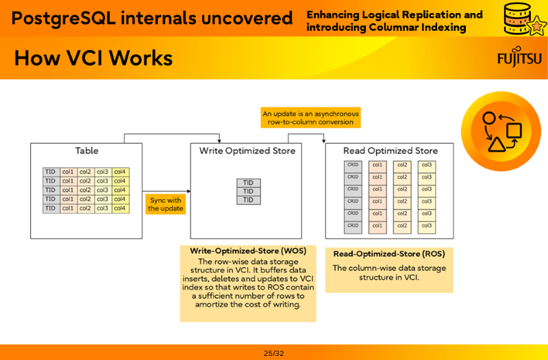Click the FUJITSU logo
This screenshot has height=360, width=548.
point(519,59)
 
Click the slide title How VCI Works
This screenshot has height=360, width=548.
point(93,58)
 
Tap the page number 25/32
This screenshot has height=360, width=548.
point(273,353)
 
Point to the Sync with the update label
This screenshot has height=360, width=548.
point(166,204)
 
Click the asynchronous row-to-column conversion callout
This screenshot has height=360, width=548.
point(310,118)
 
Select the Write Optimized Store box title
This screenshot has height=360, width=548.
point(247,151)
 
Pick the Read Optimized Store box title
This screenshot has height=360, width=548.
point(390,151)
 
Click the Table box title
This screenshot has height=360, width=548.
point(86,151)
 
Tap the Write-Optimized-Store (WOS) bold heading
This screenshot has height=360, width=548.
point(248,250)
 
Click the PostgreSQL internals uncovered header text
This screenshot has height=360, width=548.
point(151,18)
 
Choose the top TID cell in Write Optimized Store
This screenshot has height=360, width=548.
point(249,183)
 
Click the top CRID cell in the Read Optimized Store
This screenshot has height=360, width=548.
point(353,165)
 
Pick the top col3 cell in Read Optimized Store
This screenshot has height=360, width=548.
point(426,165)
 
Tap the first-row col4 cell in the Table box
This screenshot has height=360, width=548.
point(121,172)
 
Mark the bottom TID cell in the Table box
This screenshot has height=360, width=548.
point(51,208)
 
